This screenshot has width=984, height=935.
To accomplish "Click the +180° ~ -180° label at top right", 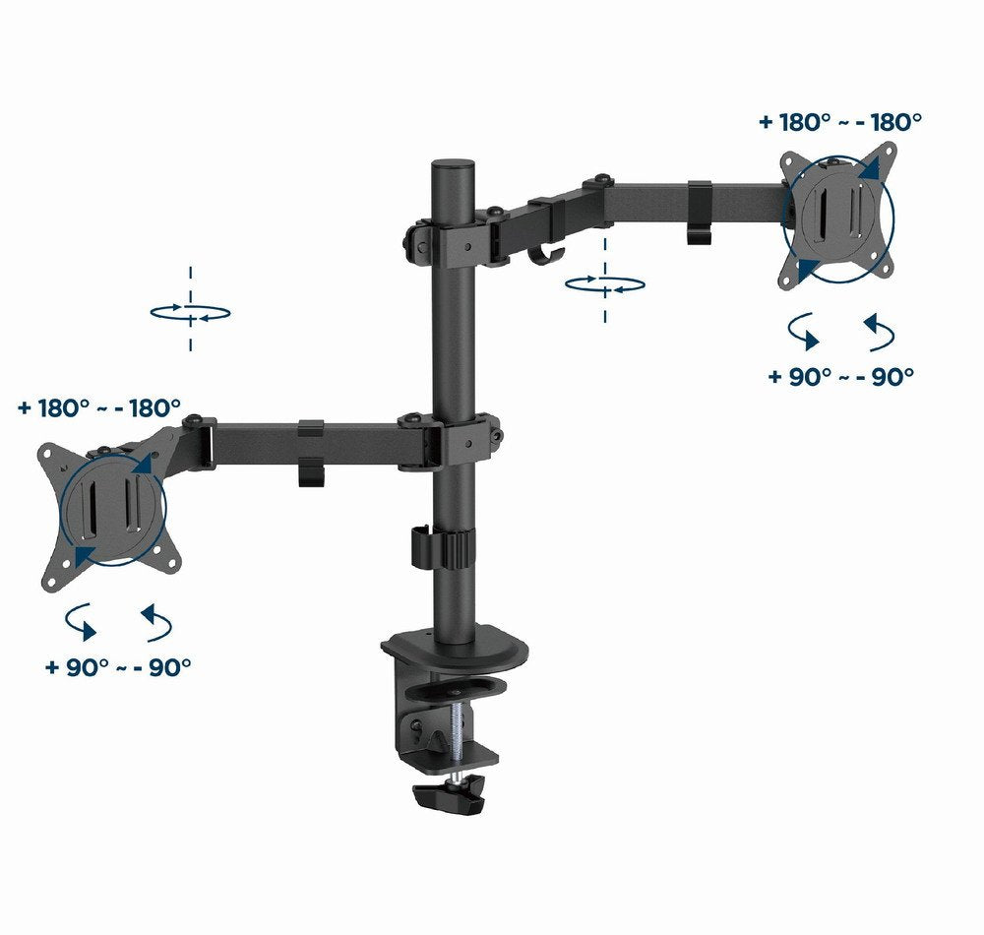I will (840, 122).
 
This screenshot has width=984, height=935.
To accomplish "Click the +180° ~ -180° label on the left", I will (99, 407).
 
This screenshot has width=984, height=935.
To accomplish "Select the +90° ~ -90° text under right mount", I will (841, 376).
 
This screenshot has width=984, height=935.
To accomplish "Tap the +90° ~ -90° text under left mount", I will (118, 666).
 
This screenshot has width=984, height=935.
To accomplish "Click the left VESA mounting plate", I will (111, 512).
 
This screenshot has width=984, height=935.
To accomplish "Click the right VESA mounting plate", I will (839, 218).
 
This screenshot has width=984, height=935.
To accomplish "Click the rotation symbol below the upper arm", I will (605, 284).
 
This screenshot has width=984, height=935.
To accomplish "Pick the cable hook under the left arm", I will (310, 468).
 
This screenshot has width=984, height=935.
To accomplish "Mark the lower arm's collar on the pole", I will (456, 438).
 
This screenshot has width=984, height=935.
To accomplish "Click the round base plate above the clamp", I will (456, 650).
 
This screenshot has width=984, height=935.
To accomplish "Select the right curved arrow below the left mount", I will (157, 622).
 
